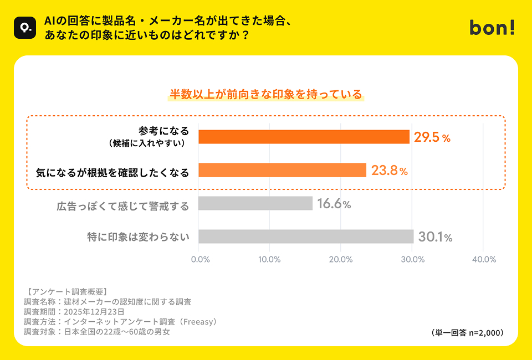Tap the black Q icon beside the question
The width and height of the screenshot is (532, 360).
[24, 27]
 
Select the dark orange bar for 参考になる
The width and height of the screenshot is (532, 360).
[304, 137]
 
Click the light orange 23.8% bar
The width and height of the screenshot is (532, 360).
[282, 170]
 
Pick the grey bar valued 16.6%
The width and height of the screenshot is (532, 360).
[255, 203]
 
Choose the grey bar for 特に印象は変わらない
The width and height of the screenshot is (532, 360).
[306, 236]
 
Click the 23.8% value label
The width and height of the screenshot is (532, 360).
[390, 171]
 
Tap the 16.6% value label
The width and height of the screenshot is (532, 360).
[334, 204]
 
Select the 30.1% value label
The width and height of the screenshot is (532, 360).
[436, 238]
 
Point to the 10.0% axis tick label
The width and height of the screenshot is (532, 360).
[269, 259]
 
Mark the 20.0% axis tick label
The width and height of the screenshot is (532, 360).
[341, 259]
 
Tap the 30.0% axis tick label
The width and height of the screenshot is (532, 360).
[412, 259]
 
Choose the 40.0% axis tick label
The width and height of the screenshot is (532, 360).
[483, 259]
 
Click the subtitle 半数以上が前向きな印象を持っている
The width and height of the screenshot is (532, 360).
[265, 94]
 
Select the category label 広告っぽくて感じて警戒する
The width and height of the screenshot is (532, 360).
[123, 206]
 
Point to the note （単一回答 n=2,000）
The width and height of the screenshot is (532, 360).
[467, 332]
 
